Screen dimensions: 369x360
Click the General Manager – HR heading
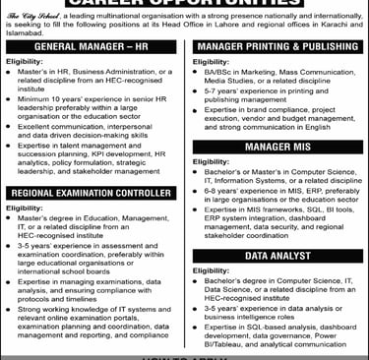92,47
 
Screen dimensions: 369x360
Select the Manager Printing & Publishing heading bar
277,47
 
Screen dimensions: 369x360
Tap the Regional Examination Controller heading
92,194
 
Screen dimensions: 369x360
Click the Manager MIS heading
277,147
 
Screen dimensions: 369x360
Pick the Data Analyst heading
277,255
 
